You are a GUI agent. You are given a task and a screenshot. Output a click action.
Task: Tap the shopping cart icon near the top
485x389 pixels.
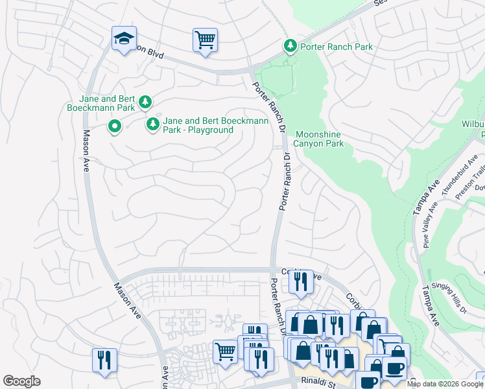(205, 40)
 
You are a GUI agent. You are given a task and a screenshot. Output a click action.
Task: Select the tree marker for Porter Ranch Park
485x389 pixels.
(290, 45)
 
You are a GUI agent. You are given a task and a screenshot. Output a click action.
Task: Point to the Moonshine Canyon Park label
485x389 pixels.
(319, 139)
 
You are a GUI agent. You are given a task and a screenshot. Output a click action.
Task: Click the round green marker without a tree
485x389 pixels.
(115, 126)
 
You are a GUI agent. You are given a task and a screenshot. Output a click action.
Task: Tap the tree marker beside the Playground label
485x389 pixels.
(153, 123)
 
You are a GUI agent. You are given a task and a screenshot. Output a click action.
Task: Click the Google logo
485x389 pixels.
(21, 381)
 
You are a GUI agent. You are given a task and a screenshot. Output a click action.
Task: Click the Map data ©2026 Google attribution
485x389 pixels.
(445, 384)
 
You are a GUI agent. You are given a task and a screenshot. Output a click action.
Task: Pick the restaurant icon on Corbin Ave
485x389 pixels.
(300, 281)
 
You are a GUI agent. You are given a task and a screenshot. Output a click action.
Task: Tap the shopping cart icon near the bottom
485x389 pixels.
(224, 351)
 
